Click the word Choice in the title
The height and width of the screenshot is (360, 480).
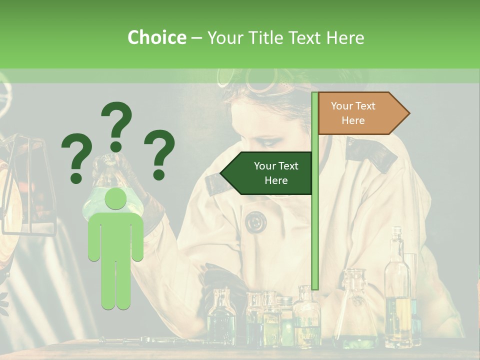pyautogui.click(x=156, y=37)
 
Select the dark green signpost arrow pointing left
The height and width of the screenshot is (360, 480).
pyautogui.click(x=267, y=173)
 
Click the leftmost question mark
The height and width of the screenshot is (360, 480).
pyautogui.click(x=77, y=157)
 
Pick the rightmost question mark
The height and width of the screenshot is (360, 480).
pyautogui.click(x=159, y=154)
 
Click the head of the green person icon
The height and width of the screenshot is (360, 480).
pyautogui.click(x=115, y=199)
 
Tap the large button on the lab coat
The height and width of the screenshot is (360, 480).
pyautogui.click(x=255, y=221)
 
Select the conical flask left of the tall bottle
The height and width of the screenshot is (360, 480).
pyautogui.click(x=356, y=310)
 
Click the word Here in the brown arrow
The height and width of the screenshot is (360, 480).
pyautogui.click(x=353, y=120)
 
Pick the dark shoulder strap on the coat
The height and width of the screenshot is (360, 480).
pyautogui.click(x=370, y=152)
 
